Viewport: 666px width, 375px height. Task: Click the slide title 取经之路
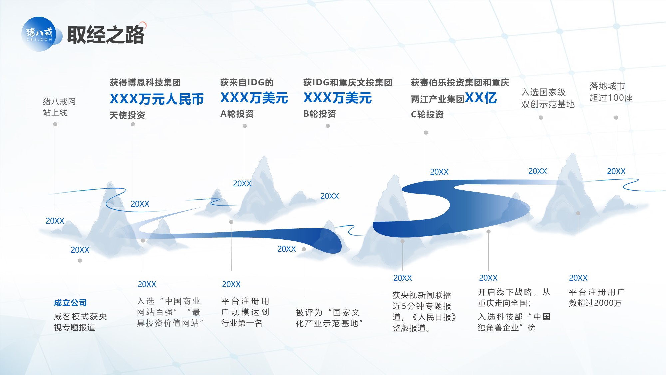click(106, 35)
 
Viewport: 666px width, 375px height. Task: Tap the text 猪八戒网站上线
click(59, 107)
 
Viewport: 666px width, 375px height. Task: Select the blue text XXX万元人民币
click(157, 99)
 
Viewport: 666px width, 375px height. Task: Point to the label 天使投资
click(127, 115)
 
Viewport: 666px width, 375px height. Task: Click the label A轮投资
click(237, 114)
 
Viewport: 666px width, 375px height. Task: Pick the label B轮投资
click(320, 114)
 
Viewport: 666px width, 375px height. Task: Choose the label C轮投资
click(427, 114)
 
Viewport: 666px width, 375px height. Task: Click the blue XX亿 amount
click(481, 98)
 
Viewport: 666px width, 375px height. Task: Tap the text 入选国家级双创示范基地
click(548, 98)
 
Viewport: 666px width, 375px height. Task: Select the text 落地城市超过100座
click(611, 92)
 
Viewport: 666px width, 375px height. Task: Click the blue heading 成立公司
click(70, 303)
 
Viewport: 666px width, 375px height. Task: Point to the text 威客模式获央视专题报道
click(80, 322)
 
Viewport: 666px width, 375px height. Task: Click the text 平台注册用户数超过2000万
click(597, 297)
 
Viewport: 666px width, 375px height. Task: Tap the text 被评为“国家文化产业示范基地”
click(329, 318)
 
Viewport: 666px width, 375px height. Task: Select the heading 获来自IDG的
click(247, 82)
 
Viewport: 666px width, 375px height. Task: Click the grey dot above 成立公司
click(80, 260)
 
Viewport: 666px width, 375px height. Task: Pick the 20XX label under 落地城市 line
click(616, 171)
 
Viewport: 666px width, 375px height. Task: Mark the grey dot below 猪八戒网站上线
click(55, 124)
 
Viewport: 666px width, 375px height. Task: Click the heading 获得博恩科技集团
click(145, 82)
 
